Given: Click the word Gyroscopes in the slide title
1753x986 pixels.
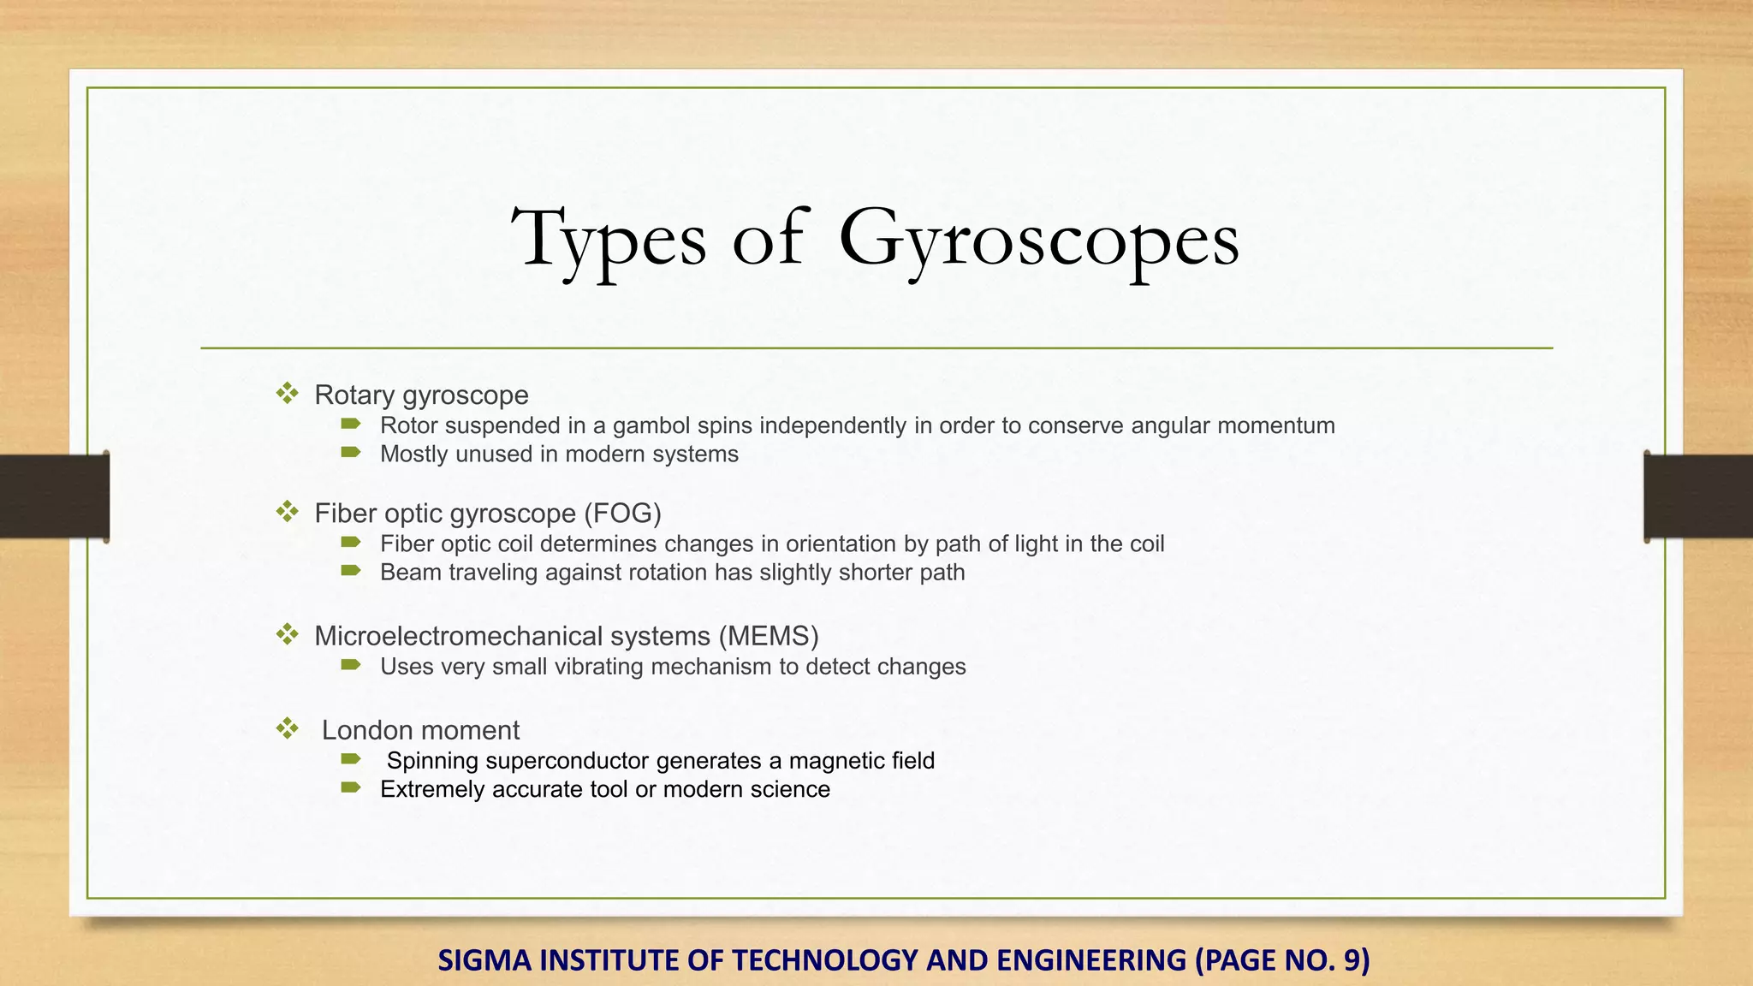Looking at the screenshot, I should click(1038, 239).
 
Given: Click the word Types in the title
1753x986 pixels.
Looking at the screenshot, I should click(609, 239).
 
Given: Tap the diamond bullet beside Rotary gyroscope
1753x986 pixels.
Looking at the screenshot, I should click(287, 394).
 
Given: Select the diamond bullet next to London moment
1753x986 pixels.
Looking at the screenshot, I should click(287, 729).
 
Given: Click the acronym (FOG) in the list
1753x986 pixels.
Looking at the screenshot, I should click(622, 513).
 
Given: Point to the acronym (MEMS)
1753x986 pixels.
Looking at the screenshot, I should click(769, 636).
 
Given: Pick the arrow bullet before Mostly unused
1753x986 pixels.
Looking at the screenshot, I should click(351, 452).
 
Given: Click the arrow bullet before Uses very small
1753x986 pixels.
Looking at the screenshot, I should click(351, 665).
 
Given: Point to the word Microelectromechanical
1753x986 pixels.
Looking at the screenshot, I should click(512, 636).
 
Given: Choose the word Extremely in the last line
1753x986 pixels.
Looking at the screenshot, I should click(432, 789).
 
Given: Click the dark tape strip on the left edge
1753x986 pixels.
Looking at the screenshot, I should click(54, 496).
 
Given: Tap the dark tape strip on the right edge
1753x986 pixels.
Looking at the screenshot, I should click(1698, 496).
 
